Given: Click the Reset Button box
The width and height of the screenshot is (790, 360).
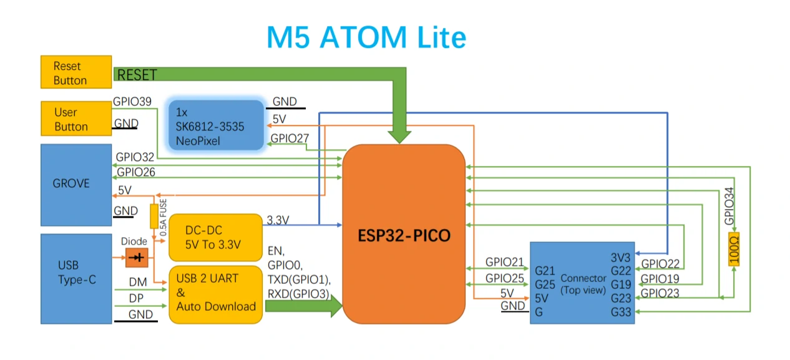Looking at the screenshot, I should click(x=76, y=72).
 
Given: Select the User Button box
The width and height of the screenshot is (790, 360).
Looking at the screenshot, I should click(x=76, y=119).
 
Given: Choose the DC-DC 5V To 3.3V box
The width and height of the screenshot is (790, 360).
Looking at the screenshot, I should click(x=215, y=237).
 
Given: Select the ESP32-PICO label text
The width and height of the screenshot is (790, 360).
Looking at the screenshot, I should click(x=404, y=236).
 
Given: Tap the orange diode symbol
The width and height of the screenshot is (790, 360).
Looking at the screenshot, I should click(x=137, y=257).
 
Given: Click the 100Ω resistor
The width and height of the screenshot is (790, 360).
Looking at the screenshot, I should click(x=734, y=249).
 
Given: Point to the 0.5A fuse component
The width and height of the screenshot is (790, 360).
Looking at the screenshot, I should click(x=154, y=216).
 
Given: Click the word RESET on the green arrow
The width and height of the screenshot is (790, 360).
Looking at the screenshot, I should click(x=137, y=75).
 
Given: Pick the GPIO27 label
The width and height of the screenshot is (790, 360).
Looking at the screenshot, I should click(x=290, y=138).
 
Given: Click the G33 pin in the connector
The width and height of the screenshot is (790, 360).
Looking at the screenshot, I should click(x=621, y=311).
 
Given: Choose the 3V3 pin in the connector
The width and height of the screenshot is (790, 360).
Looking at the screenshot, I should click(x=622, y=258).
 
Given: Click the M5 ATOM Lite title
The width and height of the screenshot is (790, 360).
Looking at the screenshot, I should click(x=366, y=37).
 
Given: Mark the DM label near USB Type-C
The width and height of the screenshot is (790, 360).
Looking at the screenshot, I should click(x=138, y=283).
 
